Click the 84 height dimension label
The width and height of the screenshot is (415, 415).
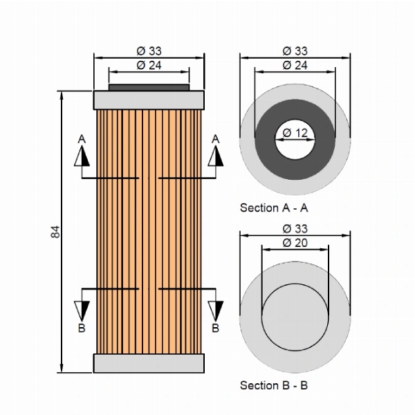(x=55, y=232)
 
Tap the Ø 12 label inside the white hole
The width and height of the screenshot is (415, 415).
(x=295, y=133)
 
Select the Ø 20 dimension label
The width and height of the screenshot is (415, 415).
(x=295, y=243)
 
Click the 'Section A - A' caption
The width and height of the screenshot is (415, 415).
(x=274, y=207)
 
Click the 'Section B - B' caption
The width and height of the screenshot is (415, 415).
(x=274, y=385)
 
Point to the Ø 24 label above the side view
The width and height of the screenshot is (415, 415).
(x=149, y=66)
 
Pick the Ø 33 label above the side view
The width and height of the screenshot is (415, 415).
(x=149, y=51)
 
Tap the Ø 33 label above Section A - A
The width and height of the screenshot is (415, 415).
(x=295, y=51)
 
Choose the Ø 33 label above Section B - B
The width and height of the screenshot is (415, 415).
(x=295, y=229)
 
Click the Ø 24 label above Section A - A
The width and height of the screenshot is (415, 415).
(x=295, y=66)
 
